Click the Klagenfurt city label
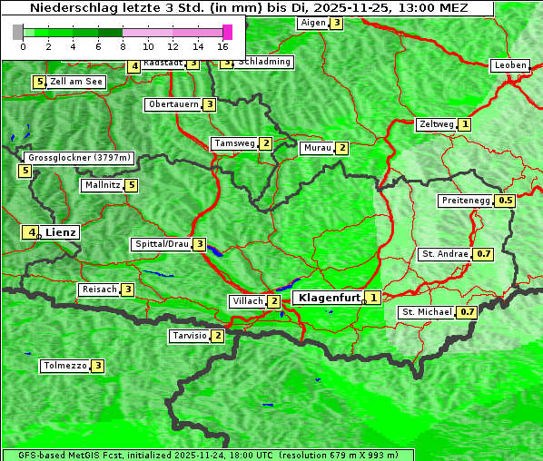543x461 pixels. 326,297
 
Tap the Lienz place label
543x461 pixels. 61,232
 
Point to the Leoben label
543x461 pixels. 509,65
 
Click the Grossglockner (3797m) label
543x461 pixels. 79,157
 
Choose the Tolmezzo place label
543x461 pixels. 64,366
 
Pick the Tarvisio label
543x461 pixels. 190,336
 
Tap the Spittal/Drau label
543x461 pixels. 162,244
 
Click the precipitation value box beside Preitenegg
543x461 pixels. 506,200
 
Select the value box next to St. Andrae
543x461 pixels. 484,254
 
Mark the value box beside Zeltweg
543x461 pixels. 465,123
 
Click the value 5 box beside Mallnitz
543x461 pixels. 132,185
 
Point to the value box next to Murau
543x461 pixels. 341,148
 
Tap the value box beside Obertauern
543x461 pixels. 209,104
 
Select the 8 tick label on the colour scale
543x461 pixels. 123,46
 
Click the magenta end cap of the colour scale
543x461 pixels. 227,32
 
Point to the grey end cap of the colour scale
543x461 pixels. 17,32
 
